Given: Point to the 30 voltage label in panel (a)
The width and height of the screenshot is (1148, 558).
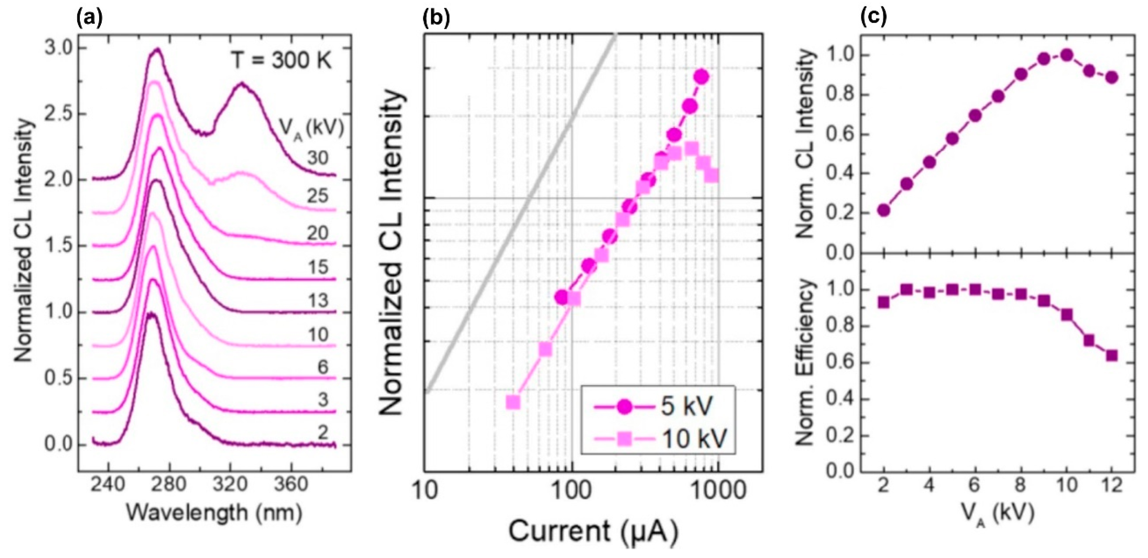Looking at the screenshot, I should [x=317, y=158].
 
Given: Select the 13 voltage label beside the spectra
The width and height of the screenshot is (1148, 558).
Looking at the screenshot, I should [x=317, y=300].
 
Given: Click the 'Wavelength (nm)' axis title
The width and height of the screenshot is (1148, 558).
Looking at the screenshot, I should [x=214, y=512].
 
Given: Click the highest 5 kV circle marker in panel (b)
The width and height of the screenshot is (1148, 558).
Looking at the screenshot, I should [x=701, y=77].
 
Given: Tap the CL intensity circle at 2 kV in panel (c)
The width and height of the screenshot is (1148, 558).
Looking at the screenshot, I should [x=884, y=210].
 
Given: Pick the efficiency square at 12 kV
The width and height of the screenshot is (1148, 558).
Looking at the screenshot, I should [x=1112, y=356].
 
